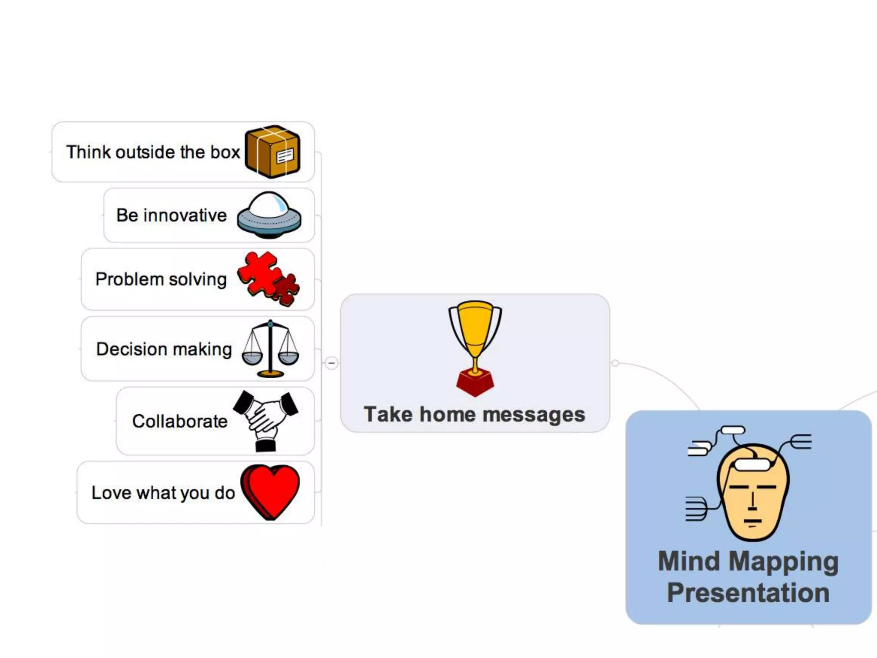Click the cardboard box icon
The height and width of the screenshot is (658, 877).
tap(272, 152)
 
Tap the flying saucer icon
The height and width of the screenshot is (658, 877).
tap(269, 215)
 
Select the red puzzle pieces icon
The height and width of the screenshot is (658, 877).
tap(268, 278)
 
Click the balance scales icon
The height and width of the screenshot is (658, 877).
tap(270, 349)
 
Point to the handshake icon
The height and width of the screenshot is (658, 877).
tap(265, 420)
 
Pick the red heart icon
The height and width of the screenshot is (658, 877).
tap(270, 491)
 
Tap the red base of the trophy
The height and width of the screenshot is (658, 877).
tap(475, 383)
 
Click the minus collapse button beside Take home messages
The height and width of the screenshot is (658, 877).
tap(331, 363)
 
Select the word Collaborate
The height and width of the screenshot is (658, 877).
tap(180, 422)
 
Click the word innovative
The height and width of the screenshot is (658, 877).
tap(185, 215)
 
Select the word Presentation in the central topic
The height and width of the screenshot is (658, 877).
tap(748, 593)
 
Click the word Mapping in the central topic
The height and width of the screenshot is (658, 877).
tap(784, 562)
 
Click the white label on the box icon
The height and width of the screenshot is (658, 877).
tap(285, 156)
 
